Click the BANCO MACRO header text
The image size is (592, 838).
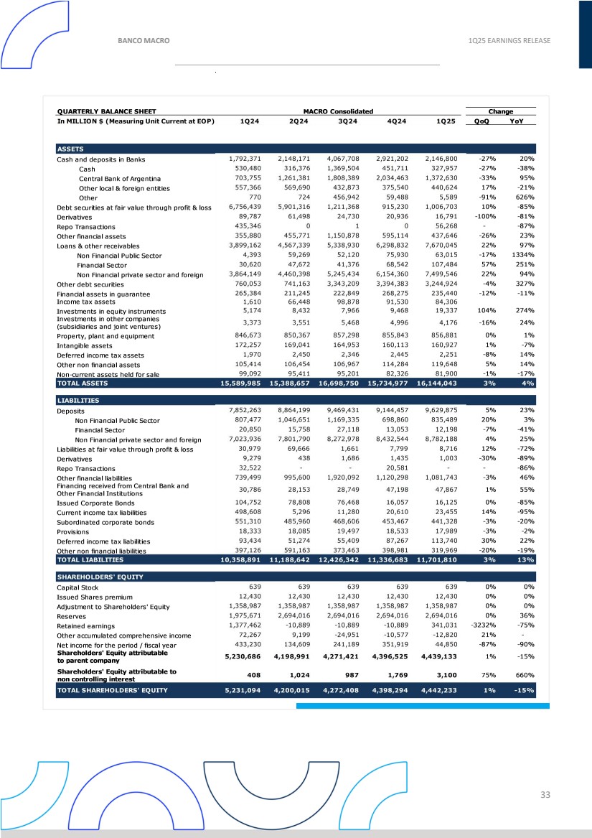(x=144, y=40)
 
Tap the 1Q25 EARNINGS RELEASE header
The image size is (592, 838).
(x=509, y=40)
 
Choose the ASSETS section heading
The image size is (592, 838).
(x=70, y=149)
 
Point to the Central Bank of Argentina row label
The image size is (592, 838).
(x=119, y=179)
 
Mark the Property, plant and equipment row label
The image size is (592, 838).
(x=105, y=336)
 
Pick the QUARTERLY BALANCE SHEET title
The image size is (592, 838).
(x=106, y=111)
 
